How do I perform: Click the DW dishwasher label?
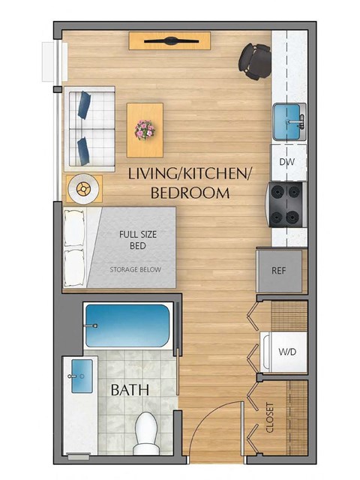tap(286, 162)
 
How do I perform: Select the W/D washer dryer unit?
tap(286, 351)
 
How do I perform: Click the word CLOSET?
tap(270, 418)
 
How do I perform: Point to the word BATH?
tap(130, 390)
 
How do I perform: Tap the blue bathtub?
tap(127, 325)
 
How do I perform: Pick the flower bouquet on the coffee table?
tap(144, 129)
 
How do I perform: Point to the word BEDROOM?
tap(190, 193)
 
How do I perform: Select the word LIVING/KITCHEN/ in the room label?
tap(190, 174)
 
